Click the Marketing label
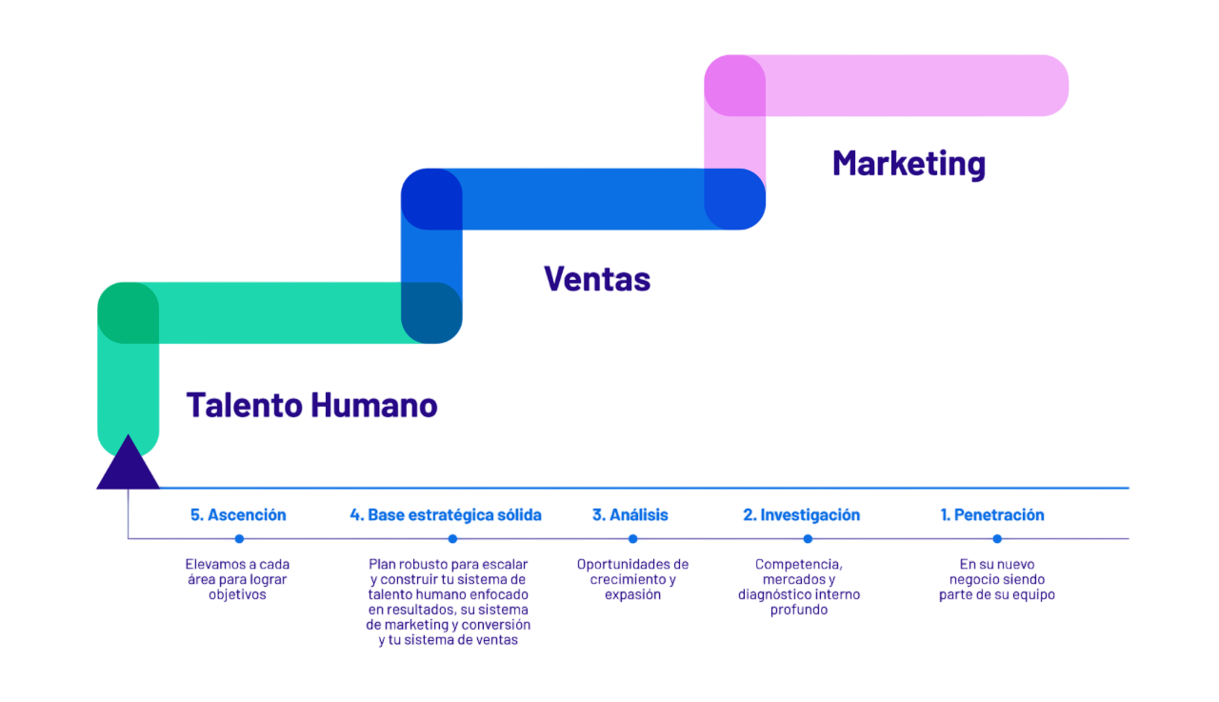(x=909, y=164)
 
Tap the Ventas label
(x=597, y=279)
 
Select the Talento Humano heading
(x=311, y=406)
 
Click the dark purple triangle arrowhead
(x=128, y=464)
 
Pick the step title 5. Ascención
(x=238, y=515)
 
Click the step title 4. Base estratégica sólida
(x=446, y=515)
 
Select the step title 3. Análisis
(x=629, y=515)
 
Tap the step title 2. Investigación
(x=802, y=515)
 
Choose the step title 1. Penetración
(x=992, y=515)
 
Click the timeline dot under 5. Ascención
(x=239, y=539)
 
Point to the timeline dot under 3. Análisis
(x=632, y=539)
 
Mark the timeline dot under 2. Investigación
(x=808, y=539)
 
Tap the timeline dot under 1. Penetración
(x=996, y=539)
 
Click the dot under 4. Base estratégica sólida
(x=452, y=539)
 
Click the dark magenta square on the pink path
(x=734, y=86)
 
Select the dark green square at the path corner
(x=128, y=312)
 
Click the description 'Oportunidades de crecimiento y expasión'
(x=632, y=579)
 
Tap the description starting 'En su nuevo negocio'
(x=996, y=579)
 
